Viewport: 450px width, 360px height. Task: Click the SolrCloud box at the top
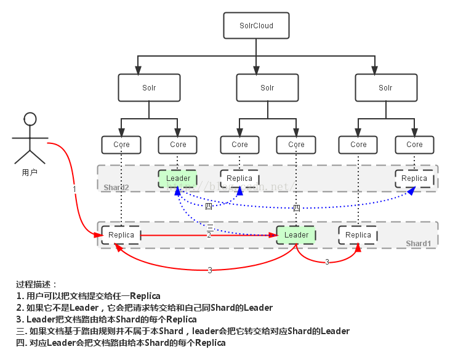256,26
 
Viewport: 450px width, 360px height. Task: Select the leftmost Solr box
149,87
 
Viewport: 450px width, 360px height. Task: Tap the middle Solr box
267,87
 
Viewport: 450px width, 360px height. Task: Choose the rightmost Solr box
385,87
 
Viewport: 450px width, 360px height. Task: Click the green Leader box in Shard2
178,178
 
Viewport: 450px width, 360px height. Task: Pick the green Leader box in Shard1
296,235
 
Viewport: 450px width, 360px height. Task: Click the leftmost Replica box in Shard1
121,235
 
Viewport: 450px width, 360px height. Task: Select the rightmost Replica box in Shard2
414,178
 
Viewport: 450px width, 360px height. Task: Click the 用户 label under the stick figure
30,172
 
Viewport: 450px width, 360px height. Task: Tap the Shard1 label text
419,244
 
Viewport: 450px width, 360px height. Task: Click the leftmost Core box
121,145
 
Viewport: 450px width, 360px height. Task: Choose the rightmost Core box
414,145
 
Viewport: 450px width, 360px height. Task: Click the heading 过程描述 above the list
36,284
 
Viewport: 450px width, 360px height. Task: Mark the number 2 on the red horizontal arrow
209,235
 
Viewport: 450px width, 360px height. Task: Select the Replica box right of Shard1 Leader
358,235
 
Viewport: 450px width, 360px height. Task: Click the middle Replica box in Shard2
239,178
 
